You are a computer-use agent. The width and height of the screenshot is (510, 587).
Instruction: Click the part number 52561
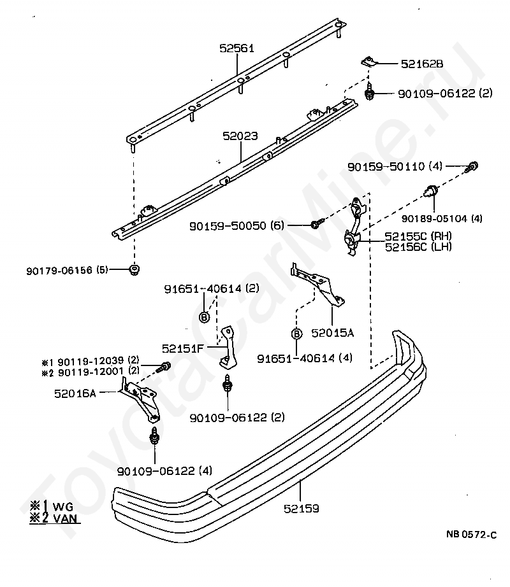(x=237, y=48)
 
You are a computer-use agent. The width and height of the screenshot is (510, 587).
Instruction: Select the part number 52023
(x=240, y=136)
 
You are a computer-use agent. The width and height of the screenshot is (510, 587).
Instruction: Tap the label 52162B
(x=422, y=64)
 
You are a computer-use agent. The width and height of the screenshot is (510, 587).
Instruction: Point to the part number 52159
(x=302, y=509)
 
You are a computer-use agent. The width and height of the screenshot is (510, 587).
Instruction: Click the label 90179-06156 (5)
(x=67, y=271)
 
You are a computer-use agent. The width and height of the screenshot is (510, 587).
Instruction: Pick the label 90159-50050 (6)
(x=237, y=226)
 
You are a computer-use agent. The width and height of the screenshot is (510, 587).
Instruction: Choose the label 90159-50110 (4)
(x=395, y=166)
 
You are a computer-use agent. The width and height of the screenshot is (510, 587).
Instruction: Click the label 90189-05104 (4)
(x=442, y=218)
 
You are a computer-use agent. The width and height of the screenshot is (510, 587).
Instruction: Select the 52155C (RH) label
(x=418, y=236)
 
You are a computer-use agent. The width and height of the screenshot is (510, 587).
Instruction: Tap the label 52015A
(x=332, y=333)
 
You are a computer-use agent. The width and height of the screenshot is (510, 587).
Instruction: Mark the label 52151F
(x=182, y=348)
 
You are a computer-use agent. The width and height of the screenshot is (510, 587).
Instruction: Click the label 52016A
(x=75, y=393)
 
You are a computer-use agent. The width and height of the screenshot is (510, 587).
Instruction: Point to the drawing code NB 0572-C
(x=471, y=535)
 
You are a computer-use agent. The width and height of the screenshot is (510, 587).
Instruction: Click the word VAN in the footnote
(x=65, y=518)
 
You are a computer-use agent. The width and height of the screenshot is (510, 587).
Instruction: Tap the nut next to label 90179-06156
(x=134, y=270)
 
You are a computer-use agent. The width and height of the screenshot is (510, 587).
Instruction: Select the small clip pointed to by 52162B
(x=368, y=61)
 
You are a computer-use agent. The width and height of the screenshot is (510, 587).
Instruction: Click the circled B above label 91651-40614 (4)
(x=296, y=334)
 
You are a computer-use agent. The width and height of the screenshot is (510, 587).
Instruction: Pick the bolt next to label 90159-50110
(x=472, y=167)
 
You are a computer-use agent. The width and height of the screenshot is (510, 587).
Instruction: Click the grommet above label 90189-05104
(x=432, y=191)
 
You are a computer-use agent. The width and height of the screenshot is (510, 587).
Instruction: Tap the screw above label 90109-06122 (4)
(x=154, y=435)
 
